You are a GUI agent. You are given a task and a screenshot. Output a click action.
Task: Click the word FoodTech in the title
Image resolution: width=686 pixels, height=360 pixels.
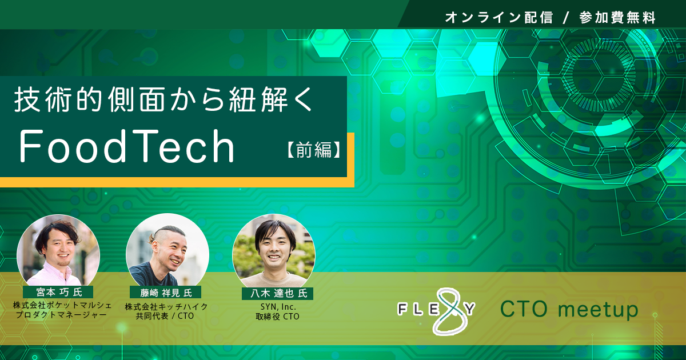(x=127, y=146)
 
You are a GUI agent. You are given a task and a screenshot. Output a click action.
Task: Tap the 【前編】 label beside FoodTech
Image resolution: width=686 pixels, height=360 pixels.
(x=314, y=149)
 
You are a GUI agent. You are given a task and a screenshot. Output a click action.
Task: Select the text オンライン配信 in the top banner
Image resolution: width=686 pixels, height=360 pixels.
(x=499, y=18)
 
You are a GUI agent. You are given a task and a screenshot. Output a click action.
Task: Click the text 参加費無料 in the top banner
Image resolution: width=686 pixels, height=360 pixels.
(x=617, y=18)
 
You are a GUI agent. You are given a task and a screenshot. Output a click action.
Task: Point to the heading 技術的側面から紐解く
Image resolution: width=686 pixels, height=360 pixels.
(x=164, y=99)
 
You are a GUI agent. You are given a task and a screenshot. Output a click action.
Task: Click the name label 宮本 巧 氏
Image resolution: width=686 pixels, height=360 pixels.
(x=59, y=292)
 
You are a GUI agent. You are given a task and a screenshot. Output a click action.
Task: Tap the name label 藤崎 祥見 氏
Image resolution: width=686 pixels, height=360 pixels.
(x=166, y=293)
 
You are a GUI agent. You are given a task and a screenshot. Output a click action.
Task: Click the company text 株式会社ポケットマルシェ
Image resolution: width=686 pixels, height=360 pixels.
(x=62, y=305)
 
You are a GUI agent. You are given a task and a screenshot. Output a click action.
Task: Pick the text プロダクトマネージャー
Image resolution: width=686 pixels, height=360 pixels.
(x=61, y=315)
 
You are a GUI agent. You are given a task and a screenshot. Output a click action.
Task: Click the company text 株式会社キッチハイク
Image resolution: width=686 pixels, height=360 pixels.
(x=166, y=306)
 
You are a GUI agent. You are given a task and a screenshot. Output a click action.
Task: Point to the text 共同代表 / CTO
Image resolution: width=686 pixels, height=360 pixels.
(x=165, y=316)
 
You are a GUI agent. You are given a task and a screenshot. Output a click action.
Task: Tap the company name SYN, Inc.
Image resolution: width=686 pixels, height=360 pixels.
(x=278, y=306)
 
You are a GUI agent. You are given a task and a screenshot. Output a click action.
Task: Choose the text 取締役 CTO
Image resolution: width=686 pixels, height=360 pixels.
(x=277, y=317)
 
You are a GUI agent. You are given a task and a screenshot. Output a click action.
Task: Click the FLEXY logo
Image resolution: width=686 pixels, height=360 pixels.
(x=436, y=311)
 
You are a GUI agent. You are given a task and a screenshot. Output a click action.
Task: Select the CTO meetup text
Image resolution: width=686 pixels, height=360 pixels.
(x=569, y=309)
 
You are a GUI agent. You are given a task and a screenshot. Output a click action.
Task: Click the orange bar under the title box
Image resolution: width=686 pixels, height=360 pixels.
(x=177, y=182)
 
